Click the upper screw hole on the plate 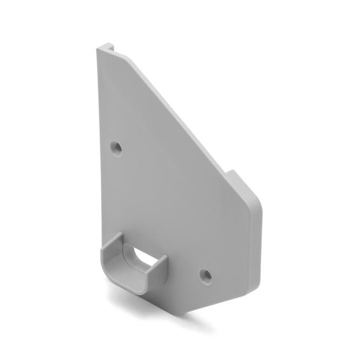tap(116, 147)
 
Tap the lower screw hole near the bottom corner tap(205, 275)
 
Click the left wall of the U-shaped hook tap(109, 254)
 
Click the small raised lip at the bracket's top tap(105, 46)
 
